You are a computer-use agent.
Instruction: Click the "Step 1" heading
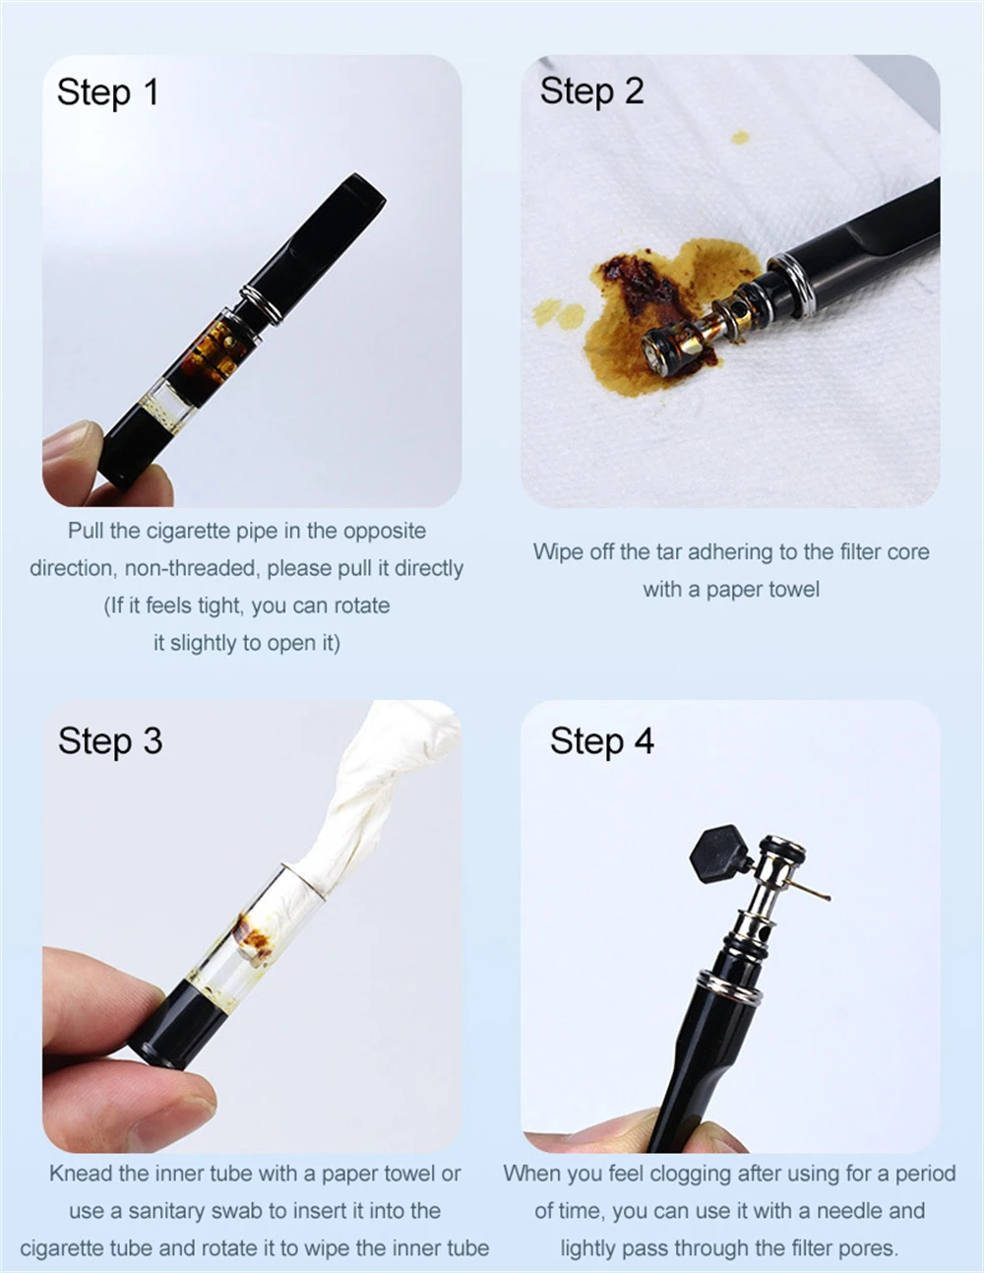pyautogui.click(x=107, y=92)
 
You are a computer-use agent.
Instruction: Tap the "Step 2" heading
pyautogui.click(x=591, y=91)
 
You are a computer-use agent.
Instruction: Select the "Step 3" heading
pyautogui.click(x=110, y=741)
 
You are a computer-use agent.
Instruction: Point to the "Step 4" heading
pyautogui.click(x=602, y=741)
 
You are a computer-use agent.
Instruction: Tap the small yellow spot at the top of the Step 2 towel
pyautogui.click(x=741, y=137)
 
